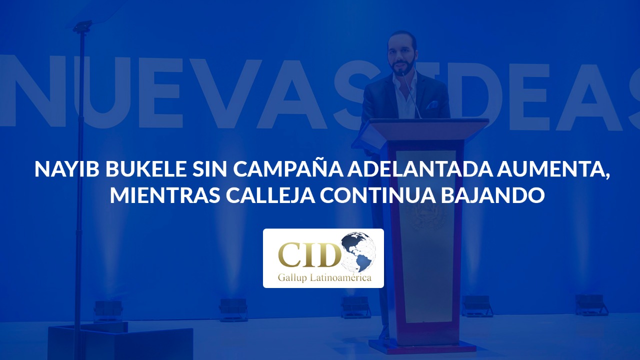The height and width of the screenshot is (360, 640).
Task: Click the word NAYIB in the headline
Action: coord(67,169)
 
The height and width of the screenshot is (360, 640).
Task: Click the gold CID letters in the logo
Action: coord(309,254)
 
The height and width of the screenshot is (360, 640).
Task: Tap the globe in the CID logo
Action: coord(359,251)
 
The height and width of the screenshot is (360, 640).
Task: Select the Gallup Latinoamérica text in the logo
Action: coord(324,278)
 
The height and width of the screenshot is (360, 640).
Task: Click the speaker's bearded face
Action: coord(401,57)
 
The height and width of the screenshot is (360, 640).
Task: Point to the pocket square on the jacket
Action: coord(431,105)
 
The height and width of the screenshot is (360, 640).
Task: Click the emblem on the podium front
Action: coord(427,216)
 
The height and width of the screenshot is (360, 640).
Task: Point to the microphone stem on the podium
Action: coord(411,95)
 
